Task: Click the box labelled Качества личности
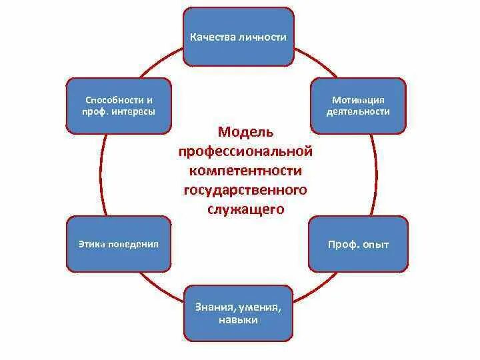[x=239, y=37]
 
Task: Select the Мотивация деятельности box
[x=358, y=105]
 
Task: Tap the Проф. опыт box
[x=358, y=244]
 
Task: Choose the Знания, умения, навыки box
[x=238, y=313]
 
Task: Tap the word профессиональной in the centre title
[x=245, y=152]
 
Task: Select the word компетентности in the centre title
[x=245, y=171]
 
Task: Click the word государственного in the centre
[x=245, y=191]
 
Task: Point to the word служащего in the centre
[x=245, y=209]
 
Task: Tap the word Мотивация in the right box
[x=358, y=99]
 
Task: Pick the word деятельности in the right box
[x=358, y=111]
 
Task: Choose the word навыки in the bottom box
[x=238, y=320]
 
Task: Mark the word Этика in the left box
[x=91, y=244]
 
